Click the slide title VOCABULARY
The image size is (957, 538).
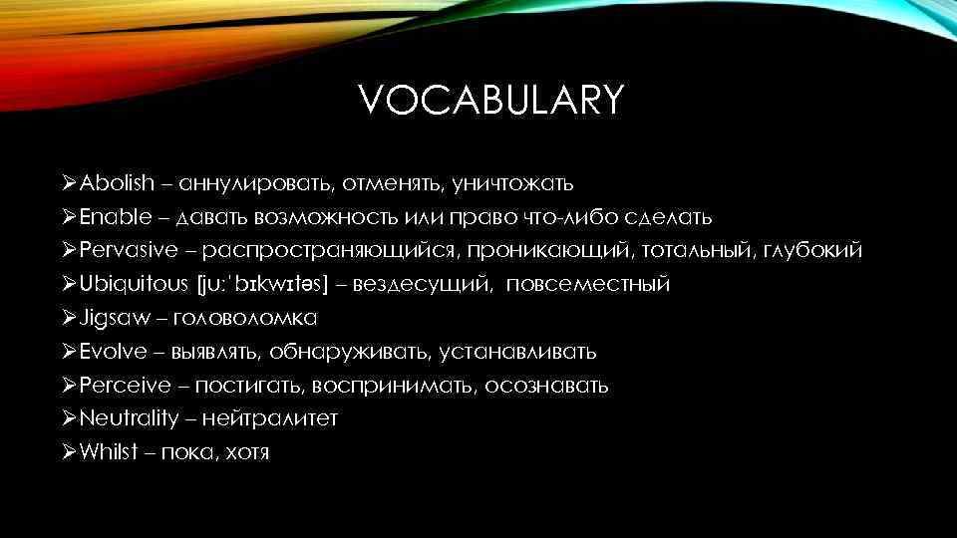pos(490,101)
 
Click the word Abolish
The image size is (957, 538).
pos(118,183)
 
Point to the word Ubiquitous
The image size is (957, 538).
pos(133,285)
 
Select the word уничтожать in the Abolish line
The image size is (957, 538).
pos(511,183)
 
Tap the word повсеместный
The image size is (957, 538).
pos(587,285)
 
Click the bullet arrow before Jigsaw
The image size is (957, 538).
pos(68,319)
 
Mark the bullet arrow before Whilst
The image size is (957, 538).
pos(68,452)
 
